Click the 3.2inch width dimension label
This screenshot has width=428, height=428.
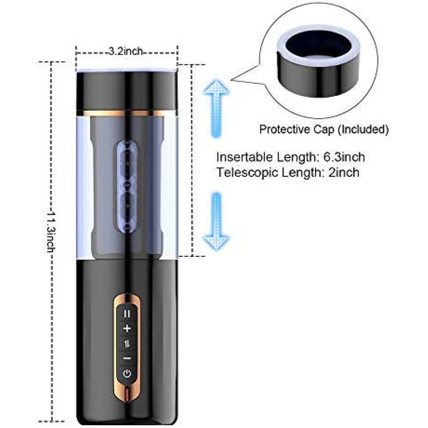click(x=126, y=51)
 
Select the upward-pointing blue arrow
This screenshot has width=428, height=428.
click(x=216, y=108)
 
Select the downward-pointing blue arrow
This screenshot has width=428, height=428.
click(x=216, y=221)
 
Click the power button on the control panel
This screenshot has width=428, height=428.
click(x=127, y=373)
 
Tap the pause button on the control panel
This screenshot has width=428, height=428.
click(x=127, y=314)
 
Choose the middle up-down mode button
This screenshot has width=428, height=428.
click(x=127, y=344)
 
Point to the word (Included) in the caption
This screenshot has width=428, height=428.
click(x=364, y=130)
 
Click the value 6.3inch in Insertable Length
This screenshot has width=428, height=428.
click(x=344, y=158)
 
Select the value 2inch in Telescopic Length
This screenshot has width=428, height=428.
click(x=344, y=172)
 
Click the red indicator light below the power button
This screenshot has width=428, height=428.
click(x=127, y=393)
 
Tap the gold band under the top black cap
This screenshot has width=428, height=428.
click(x=127, y=113)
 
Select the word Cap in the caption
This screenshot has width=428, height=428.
click(x=324, y=130)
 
